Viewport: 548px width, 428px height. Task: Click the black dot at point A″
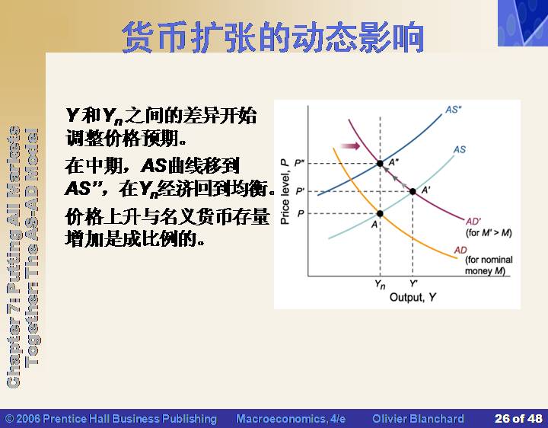coord(380,163)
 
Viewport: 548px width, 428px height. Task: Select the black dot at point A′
coord(413,191)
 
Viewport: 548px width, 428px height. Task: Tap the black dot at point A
coord(380,214)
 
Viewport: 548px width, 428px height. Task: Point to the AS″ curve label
coord(454,110)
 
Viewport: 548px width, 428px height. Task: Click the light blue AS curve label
coord(460,150)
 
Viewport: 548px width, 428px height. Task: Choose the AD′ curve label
coord(473,222)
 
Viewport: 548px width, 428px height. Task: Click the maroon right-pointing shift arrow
coord(350,145)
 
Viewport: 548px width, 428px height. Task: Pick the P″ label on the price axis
coord(300,163)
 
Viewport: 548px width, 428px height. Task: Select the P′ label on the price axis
coord(300,191)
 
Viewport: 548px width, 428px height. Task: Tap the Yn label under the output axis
coord(380,285)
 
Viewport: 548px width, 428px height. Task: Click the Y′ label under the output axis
coord(413,283)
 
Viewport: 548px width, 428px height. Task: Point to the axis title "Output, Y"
coord(413,297)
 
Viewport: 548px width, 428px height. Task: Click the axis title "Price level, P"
coord(285,191)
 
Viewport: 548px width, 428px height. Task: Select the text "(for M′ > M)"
coord(489,232)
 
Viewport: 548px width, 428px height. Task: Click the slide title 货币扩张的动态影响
coord(273,37)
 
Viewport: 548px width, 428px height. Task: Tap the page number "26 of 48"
coord(518,419)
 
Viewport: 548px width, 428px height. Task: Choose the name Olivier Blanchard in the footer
coord(418,419)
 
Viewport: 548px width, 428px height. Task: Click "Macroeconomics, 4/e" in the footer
coord(291,419)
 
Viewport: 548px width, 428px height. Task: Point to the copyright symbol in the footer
coord(9,419)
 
